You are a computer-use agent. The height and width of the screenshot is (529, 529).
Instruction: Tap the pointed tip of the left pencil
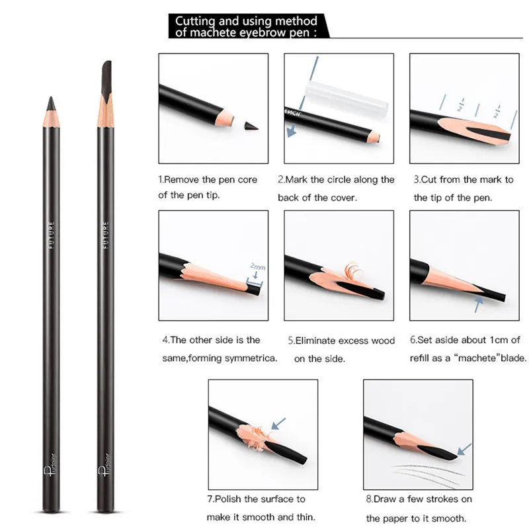click(51, 97)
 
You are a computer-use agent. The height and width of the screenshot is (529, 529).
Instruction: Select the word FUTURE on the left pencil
click(52, 235)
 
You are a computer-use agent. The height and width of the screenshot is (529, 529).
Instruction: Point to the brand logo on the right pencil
click(105, 465)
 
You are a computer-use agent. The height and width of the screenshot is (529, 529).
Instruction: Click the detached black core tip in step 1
click(251, 126)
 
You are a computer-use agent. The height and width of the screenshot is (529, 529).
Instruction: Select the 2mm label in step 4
click(258, 266)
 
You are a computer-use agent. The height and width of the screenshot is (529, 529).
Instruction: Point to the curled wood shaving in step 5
click(353, 270)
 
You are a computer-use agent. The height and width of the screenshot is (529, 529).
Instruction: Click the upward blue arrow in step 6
click(477, 304)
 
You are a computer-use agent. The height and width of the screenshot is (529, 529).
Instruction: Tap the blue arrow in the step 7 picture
click(278, 424)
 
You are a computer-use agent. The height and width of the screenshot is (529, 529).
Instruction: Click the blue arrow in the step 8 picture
click(464, 450)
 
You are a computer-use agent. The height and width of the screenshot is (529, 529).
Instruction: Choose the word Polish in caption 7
click(227, 499)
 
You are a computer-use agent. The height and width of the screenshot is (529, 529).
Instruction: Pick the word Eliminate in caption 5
click(317, 341)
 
